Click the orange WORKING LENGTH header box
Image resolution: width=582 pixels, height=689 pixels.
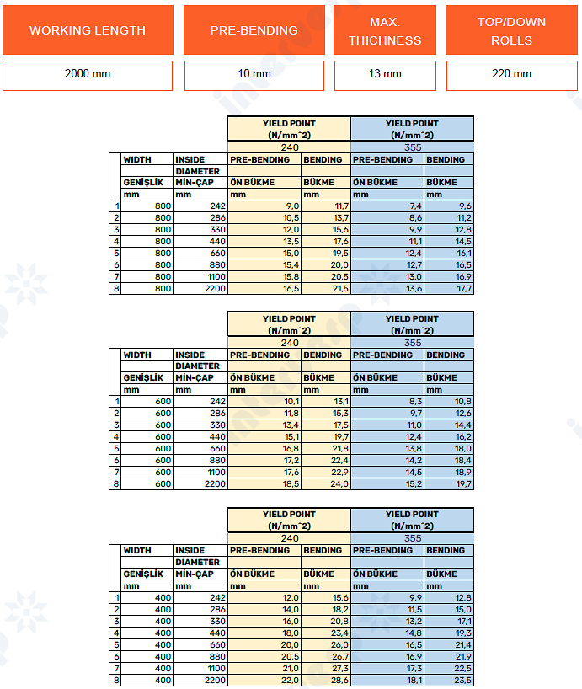click(88, 30)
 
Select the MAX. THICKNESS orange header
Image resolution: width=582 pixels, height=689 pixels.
click(384, 30)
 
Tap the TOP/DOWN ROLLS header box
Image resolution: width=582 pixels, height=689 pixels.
click(511, 30)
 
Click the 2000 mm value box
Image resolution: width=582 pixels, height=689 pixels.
click(88, 74)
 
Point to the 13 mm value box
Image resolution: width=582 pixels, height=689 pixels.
click(384, 74)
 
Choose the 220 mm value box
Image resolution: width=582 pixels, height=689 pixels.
click(511, 74)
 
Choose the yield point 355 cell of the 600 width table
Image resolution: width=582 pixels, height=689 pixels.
click(413, 343)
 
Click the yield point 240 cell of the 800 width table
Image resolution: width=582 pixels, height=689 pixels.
click(289, 147)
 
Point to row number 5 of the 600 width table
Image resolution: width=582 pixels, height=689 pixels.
click(116, 448)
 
